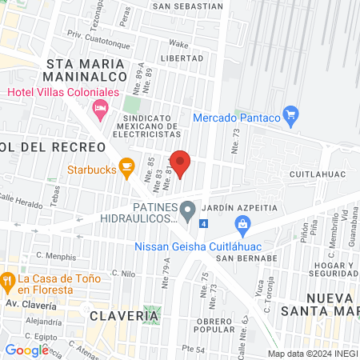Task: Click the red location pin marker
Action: point(180,162)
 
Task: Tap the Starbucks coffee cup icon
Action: point(126,166)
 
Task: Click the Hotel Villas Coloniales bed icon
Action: point(101,107)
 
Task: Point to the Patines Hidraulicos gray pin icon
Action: point(188,211)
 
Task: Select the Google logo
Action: point(26,350)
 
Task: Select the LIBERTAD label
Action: point(182,58)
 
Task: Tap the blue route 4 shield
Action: point(204,223)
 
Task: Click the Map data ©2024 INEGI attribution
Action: point(312,354)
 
